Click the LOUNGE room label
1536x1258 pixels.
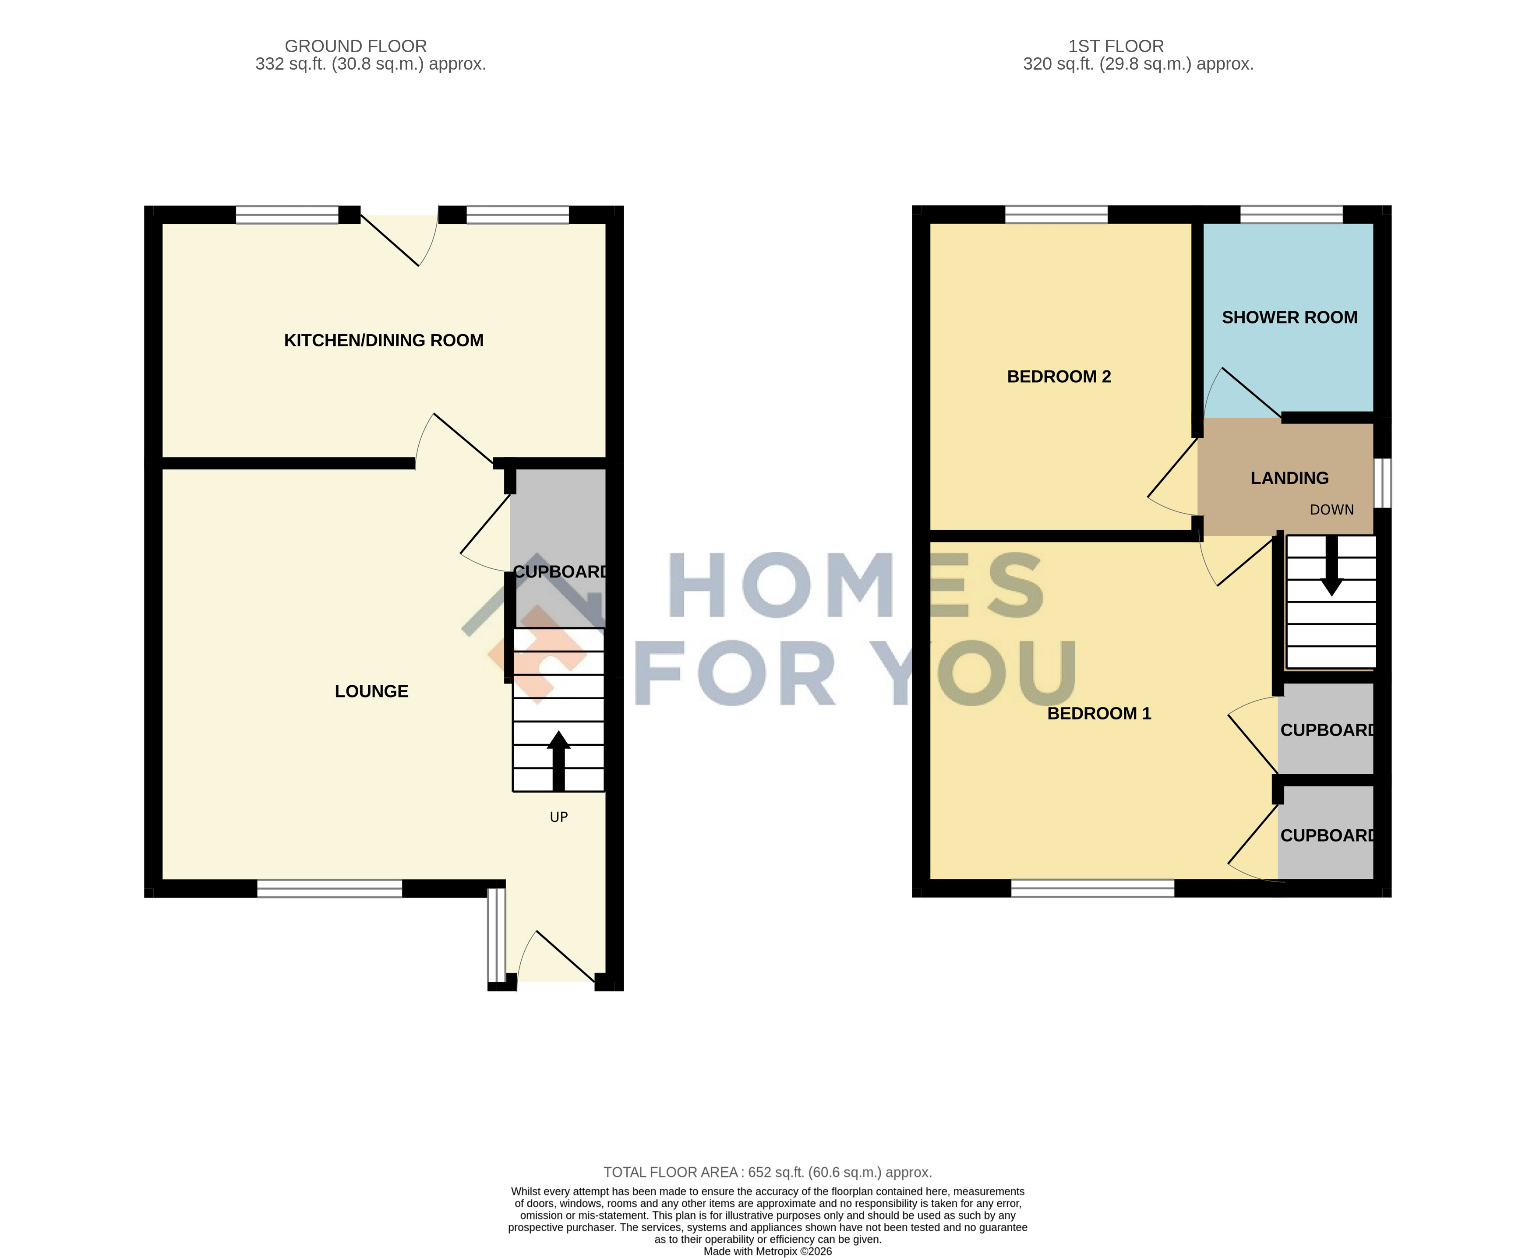point(371,691)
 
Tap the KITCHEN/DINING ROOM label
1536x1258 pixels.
point(384,341)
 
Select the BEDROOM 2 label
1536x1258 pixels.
point(1059,377)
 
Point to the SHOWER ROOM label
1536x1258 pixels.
point(1289,317)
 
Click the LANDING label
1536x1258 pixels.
point(1289,478)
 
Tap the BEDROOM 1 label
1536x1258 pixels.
point(1099,714)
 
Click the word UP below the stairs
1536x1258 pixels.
point(559,818)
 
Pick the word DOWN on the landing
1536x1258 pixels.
point(1331,510)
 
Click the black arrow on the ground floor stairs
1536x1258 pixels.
point(558,761)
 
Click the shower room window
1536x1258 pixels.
point(1292,215)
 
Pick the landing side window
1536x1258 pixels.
point(1382,483)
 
